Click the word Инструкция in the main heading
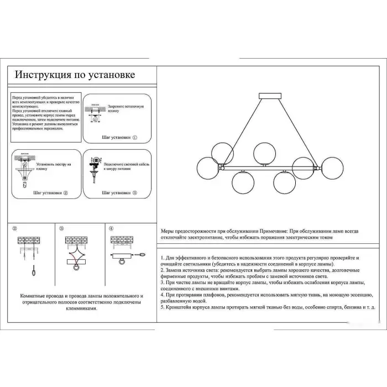pyautogui.click(x=41, y=75)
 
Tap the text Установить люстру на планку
pyautogui.click(x=54, y=166)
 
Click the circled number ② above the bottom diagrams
pyautogui.click(x=15, y=228)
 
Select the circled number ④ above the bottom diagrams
pyautogui.click(x=111, y=228)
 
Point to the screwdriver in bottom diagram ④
pyautogui.click(x=143, y=254)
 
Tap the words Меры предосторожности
pyautogui.click(x=186, y=232)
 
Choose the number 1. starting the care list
pyautogui.click(x=163, y=258)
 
